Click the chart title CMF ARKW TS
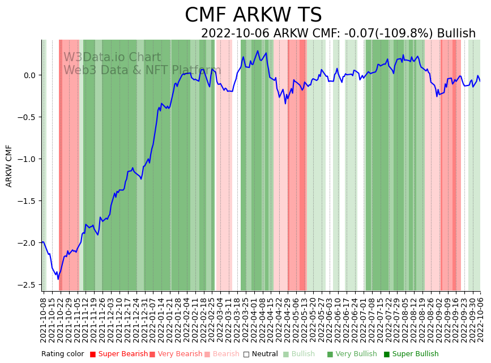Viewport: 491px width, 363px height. tap(253, 15)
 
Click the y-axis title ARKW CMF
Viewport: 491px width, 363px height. tap(9, 165)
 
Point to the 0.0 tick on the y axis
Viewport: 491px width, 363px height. tap(29, 75)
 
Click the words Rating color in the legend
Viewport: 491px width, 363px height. tap(62, 355)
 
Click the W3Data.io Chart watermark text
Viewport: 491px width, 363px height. tap(112, 57)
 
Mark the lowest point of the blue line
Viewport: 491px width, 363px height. tap(58, 279)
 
